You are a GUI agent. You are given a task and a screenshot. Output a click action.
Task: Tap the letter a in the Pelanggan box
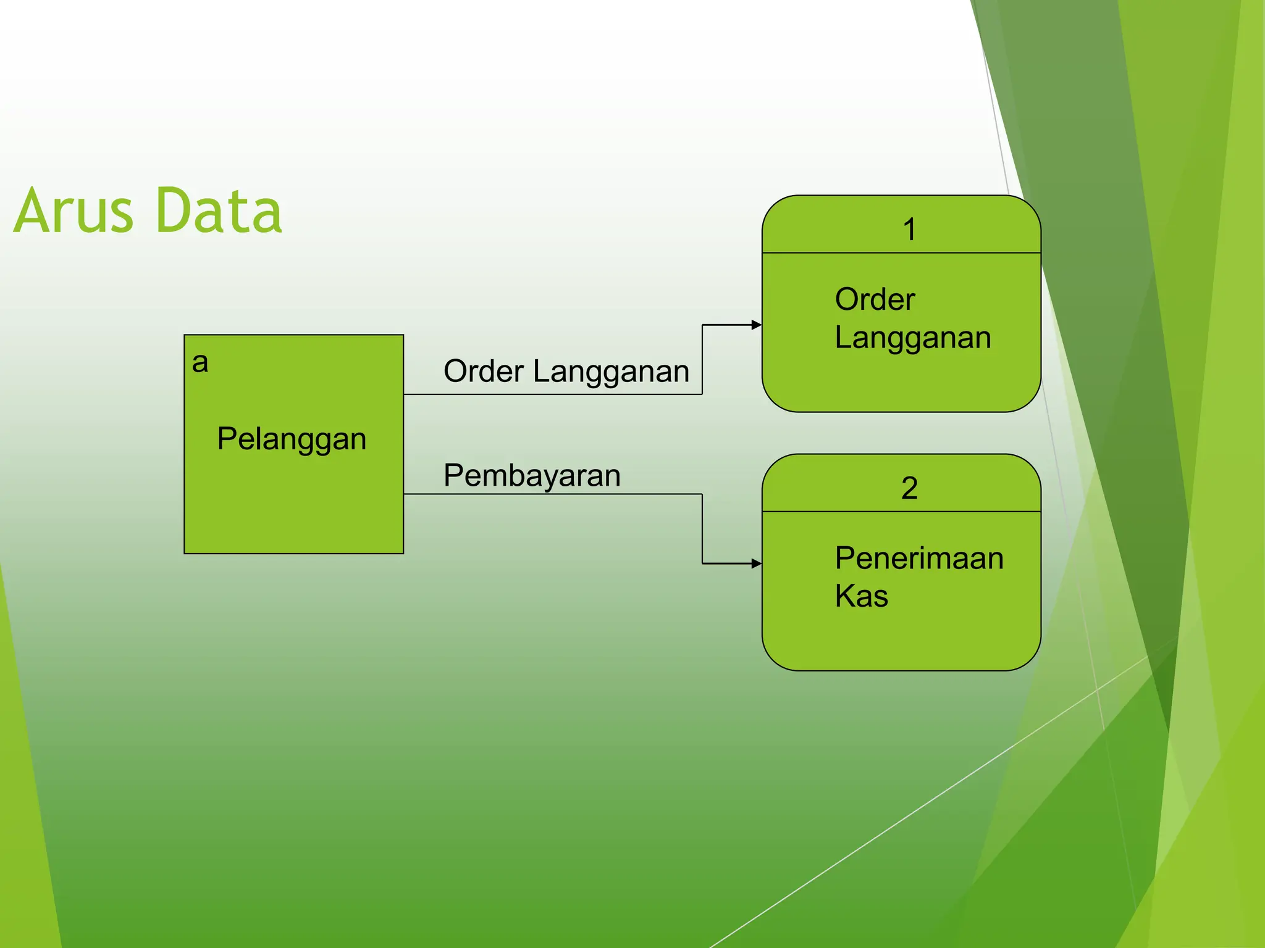200,362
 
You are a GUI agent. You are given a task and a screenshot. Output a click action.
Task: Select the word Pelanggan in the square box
292,439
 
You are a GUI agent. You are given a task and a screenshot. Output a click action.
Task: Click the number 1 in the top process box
909,230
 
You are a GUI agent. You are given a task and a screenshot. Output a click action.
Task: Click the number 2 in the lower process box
909,488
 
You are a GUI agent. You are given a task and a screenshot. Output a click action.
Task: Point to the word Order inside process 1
875,300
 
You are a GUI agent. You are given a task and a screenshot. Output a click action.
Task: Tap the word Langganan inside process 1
912,338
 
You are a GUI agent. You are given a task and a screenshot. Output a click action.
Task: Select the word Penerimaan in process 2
918,559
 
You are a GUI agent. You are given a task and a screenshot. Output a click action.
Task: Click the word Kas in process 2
861,596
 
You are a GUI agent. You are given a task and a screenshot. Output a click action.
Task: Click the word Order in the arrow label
484,372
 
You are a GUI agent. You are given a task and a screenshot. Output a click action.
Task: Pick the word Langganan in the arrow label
611,372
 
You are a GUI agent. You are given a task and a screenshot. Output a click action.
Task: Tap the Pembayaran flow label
532,476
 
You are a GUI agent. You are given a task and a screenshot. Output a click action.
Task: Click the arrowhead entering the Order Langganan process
757,325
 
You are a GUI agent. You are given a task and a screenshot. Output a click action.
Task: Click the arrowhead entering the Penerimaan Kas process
757,563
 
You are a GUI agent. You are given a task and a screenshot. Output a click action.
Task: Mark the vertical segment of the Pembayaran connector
702,529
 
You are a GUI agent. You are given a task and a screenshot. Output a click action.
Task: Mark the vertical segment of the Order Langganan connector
702,359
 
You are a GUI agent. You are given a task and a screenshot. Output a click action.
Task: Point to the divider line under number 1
901,252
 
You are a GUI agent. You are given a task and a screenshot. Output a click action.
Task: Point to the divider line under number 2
901,511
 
